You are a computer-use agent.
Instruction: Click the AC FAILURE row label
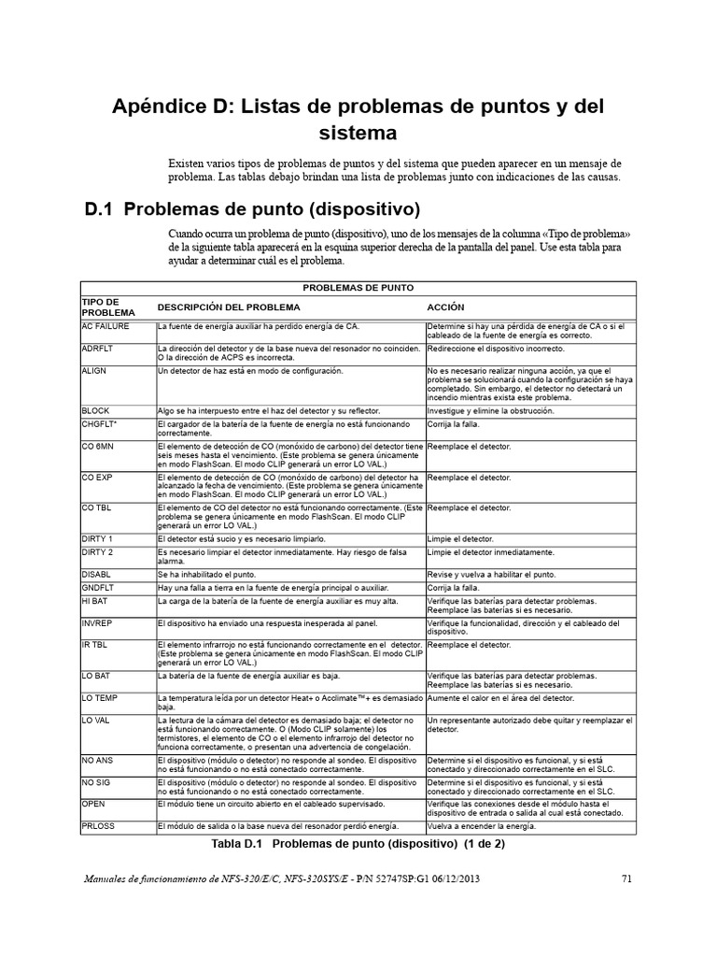(x=105, y=326)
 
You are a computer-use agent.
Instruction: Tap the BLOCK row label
(x=96, y=410)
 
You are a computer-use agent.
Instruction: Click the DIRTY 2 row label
(x=98, y=554)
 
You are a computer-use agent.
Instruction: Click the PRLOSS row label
(x=100, y=825)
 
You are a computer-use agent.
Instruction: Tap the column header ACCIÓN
(x=445, y=307)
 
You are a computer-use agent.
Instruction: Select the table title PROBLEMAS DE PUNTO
(x=358, y=288)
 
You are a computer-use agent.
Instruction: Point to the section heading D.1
(x=252, y=207)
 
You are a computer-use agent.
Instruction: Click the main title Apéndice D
(x=358, y=119)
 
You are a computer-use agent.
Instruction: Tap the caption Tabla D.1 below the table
(x=358, y=843)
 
